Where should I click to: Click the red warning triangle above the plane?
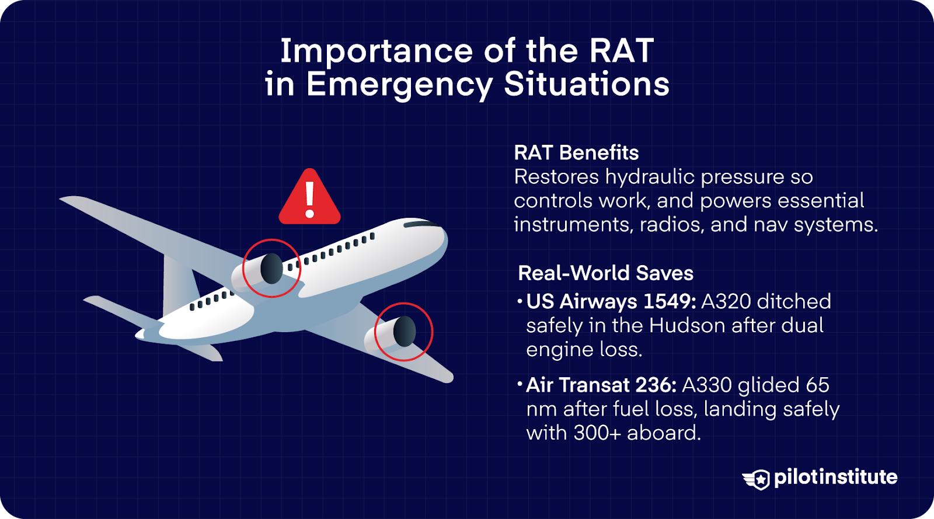click(x=309, y=196)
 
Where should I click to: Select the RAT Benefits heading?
click(x=576, y=152)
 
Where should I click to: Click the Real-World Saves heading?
click(x=605, y=273)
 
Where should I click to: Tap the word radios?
click(x=672, y=225)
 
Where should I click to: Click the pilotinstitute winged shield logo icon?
click(x=756, y=479)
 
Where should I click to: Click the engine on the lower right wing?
click(x=391, y=333)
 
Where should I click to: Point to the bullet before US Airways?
click(x=520, y=301)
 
